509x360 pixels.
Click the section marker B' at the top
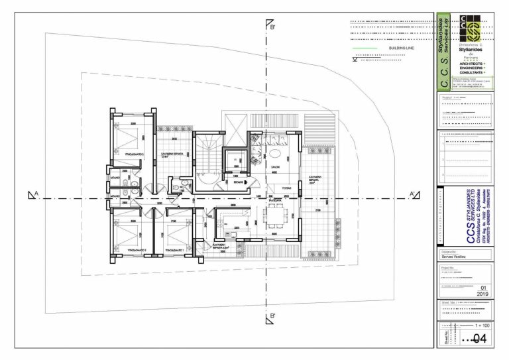point(270,28)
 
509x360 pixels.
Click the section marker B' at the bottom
point(270,318)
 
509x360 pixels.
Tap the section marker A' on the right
point(413,195)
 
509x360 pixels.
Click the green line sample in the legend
point(363,49)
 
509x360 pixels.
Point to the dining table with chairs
point(275,216)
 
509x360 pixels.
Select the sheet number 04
point(479,338)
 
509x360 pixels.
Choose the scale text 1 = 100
point(482,326)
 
